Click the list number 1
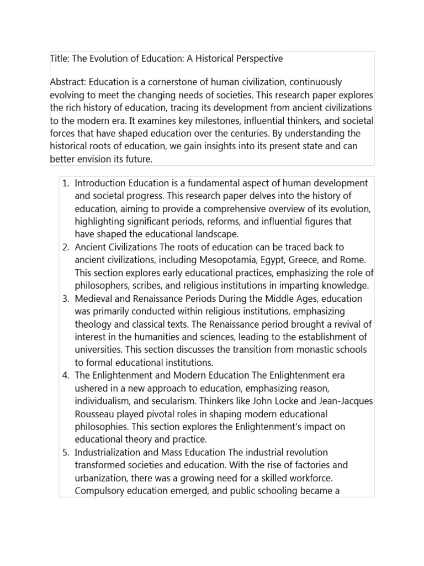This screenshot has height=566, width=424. [64, 183]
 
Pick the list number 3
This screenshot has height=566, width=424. [64, 298]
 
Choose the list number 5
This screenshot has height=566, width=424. [64, 452]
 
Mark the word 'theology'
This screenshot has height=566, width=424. [94, 324]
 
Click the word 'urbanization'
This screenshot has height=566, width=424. [101, 478]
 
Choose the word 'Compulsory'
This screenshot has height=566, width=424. [98, 491]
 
